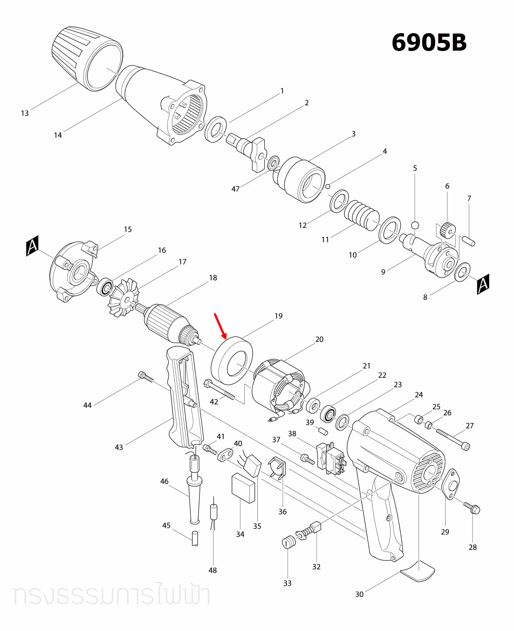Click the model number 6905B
click(429, 43)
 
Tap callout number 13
click(25, 113)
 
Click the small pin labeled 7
click(468, 241)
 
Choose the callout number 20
click(319, 339)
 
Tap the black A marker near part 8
click(483, 284)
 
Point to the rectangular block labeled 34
click(243, 487)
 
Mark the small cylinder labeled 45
click(195, 538)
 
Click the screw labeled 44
click(146, 377)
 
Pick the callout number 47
click(236, 189)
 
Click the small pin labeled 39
click(323, 431)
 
